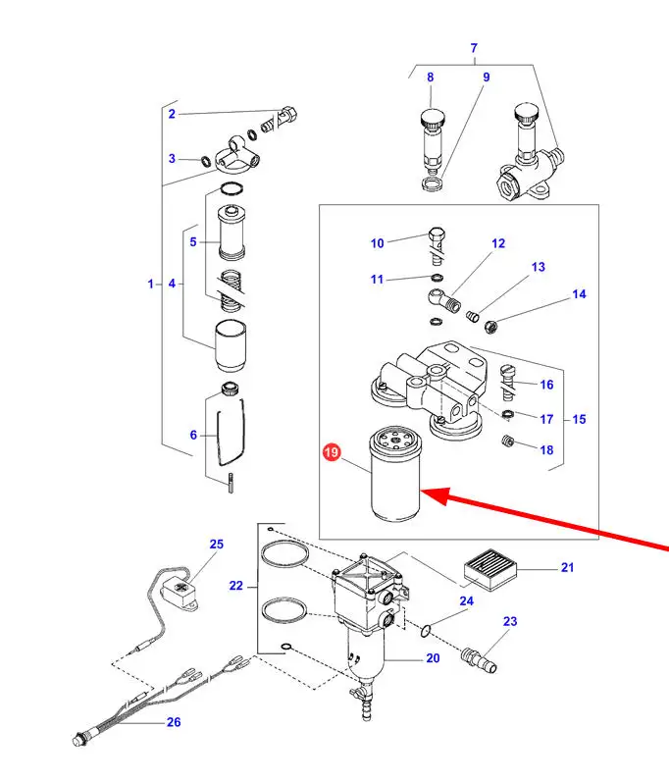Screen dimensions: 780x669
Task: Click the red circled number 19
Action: [332, 452]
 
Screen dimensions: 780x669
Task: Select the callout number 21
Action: [567, 567]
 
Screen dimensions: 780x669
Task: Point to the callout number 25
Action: [217, 544]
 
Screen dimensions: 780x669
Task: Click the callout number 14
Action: [579, 294]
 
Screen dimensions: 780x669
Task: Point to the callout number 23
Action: [510, 621]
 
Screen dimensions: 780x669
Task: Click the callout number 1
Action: [151, 284]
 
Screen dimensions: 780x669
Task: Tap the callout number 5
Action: [193, 241]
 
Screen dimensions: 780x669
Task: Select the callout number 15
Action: [579, 419]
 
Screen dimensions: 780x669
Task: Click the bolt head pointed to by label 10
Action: [436, 235]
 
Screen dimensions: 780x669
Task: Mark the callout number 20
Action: [433, 658]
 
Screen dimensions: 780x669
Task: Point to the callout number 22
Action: [236, 586]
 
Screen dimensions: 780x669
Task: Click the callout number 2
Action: [172, 114]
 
